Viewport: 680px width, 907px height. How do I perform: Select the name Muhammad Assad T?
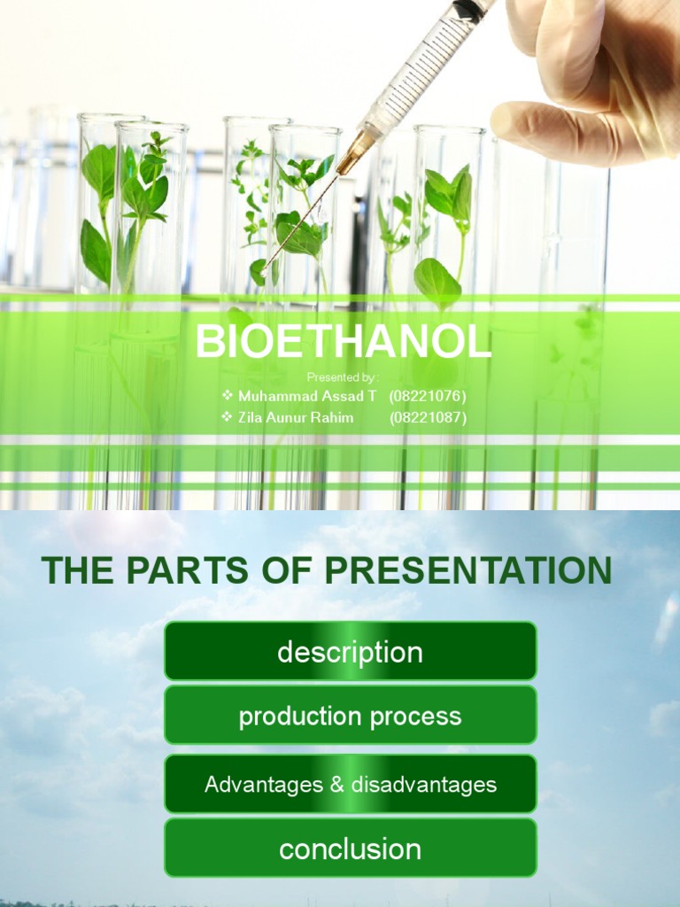[307, 396]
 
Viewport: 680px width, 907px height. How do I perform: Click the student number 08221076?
[428, 396]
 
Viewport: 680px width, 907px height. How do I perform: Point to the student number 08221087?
[428, 417]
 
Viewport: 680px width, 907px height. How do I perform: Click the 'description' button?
[350, 652]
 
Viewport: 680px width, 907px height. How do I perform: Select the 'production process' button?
[350, 716]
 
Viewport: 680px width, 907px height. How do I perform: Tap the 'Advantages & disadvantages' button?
[350, 784]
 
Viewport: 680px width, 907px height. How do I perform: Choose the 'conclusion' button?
[350, 849]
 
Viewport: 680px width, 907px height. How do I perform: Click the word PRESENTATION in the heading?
[483, 571]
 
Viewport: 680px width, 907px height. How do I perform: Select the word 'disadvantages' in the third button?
[423, 784]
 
